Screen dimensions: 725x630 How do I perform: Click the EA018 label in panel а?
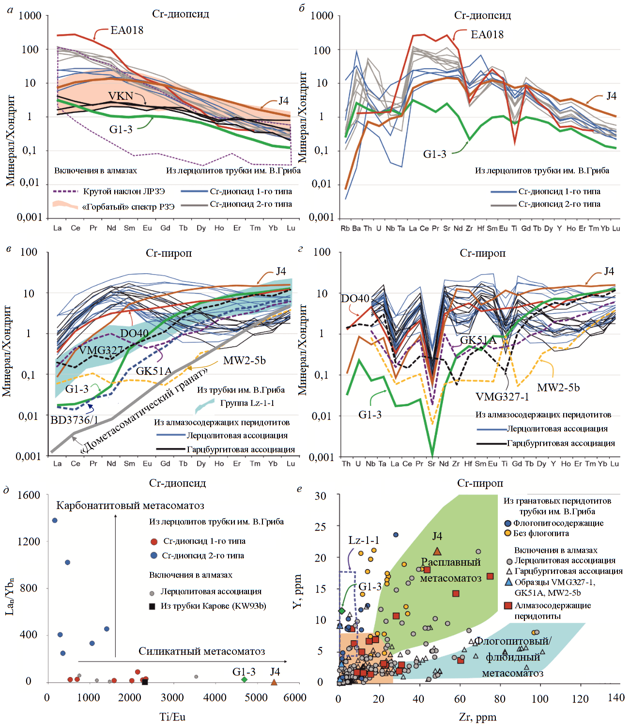(127, 30)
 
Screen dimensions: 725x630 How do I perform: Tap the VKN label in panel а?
(120, 96)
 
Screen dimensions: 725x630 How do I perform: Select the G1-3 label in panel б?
(434, 154)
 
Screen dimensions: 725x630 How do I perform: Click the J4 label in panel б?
(612, 96)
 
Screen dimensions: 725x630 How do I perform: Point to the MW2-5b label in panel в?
(244, 360)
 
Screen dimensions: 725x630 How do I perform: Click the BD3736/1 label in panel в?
(74, 420)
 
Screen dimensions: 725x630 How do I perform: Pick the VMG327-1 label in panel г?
(502, 397)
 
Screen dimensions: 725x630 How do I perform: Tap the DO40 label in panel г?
(355, 298)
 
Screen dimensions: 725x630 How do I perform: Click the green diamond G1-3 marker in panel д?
(245, 679)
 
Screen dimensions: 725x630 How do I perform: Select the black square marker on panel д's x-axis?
(145, 682)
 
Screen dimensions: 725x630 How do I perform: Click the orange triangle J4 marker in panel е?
(437, 551)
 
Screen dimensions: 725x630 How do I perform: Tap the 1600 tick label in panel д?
(29, 495)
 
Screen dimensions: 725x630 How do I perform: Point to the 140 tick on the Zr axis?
(616, 697)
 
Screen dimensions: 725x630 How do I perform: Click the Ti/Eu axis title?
(172, 717)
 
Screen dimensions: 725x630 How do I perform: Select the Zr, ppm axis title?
(477, 717)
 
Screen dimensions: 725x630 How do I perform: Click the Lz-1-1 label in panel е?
(364, 540)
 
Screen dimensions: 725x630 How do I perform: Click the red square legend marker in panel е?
(508, 605)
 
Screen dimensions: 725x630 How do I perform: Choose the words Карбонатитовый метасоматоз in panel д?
(130, 506)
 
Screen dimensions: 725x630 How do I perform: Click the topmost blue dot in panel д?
(55, 521)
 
